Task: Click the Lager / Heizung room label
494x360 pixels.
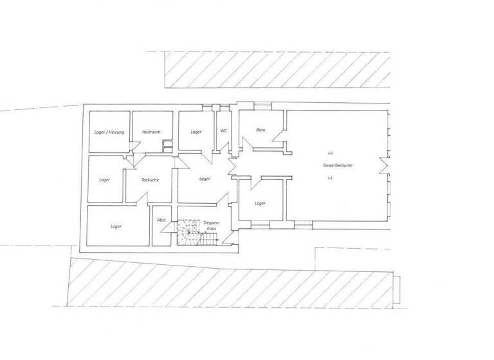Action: click(109, 132)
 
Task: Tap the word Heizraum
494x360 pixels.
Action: click(151, 132)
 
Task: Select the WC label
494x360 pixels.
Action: click(224, 131)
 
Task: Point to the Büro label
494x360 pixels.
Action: click(261, 130)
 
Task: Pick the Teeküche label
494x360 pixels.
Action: click(150, 180)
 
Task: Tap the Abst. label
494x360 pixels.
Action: click(162, 221)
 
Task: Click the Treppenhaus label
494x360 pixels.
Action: click(212, 224)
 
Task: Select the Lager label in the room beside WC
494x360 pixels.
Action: click(196, 132)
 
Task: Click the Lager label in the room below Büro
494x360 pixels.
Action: click(260, 203)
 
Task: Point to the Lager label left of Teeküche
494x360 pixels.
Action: click(105, 180)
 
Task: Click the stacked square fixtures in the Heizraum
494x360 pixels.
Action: click(167, 146)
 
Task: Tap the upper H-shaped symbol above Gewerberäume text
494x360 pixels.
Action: click(330, 153)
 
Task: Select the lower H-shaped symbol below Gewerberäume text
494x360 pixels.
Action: click(330, 179)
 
